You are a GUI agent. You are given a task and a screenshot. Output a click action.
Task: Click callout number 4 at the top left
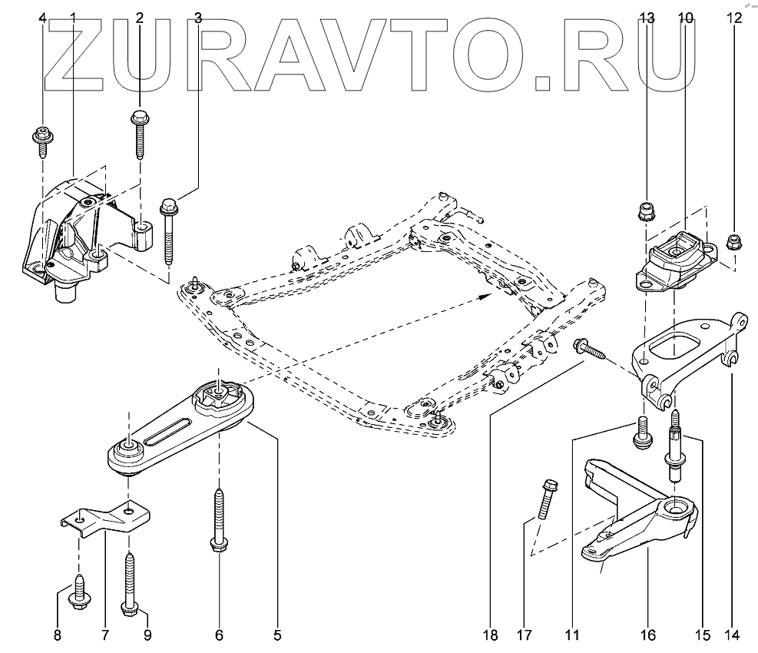click(x=42, y=18)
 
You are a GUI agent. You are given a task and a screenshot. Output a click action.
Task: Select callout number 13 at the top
click(x=647, y=18)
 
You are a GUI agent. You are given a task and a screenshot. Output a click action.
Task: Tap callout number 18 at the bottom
click(x=491, y=635)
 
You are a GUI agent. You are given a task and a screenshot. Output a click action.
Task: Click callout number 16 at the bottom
click(x=648, y=635)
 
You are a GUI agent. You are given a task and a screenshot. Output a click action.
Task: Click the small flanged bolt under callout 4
click(x=41, y=141)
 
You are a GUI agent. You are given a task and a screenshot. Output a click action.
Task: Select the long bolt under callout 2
click(x=139, y=134)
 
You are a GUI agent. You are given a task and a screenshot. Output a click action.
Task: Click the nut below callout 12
click(x=733, y=244)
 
